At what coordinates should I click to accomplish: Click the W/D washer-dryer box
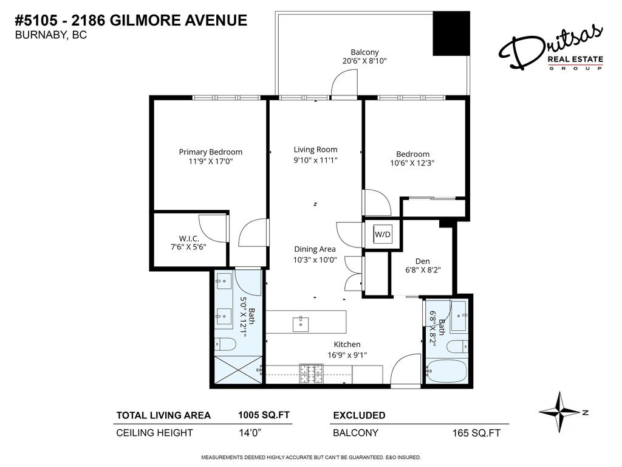(x=382, y=233)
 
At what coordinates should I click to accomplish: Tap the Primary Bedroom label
(x=210, y=152)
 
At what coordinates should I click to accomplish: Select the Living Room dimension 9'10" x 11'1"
(x=315, y=160)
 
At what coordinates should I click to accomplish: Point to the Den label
(x=423, y=261)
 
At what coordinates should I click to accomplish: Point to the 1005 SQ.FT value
(x=264, y=415)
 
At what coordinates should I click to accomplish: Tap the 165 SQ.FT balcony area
(x=476, y=434)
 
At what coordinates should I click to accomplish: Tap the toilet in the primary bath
(x=225, y=345)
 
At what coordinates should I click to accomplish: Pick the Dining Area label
(x=315, y=249)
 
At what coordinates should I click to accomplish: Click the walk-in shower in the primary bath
(x=236, y=369)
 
